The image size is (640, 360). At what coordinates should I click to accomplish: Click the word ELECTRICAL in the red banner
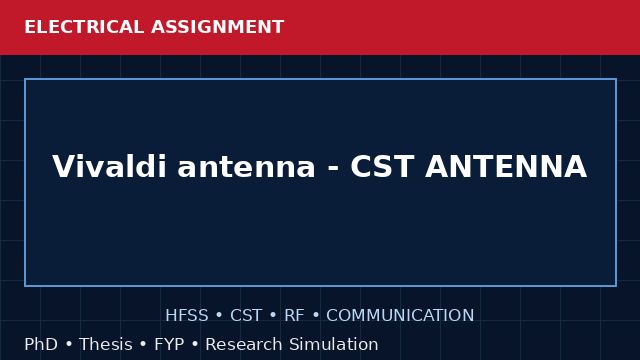tap(84, 27)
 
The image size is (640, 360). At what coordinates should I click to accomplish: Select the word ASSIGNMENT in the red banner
tap(218, 27)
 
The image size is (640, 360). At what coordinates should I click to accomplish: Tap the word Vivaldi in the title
tap(109, 167)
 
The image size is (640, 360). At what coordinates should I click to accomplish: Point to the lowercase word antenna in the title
tap(247, 167)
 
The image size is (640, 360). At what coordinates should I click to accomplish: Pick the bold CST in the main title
tap(382, 167)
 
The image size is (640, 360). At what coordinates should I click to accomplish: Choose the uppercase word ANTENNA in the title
tap(506, 167)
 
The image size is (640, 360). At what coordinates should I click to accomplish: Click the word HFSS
tap(187, 316)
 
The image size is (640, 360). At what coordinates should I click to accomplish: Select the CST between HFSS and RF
tap(246, 316)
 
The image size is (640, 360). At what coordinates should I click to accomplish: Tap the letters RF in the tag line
tap(294, 316)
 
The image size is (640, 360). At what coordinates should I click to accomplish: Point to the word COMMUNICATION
tap(400, 316)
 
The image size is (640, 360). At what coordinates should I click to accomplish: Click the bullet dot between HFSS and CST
tap(219, 316)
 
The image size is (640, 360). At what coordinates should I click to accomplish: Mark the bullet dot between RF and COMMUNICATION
tap(316, 316)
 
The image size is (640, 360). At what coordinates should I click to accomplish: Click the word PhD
tap(41, 344)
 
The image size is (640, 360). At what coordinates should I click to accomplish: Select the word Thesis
tap(106, 344)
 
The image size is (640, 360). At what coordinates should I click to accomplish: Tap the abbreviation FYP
tap(169, 344)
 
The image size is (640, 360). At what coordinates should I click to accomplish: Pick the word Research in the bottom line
tap(244, 344)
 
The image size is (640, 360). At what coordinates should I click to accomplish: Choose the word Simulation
tap(334, 344)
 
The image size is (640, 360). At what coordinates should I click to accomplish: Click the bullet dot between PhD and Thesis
tap(69, 345)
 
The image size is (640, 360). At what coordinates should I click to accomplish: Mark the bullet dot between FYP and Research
tap(195, 345)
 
